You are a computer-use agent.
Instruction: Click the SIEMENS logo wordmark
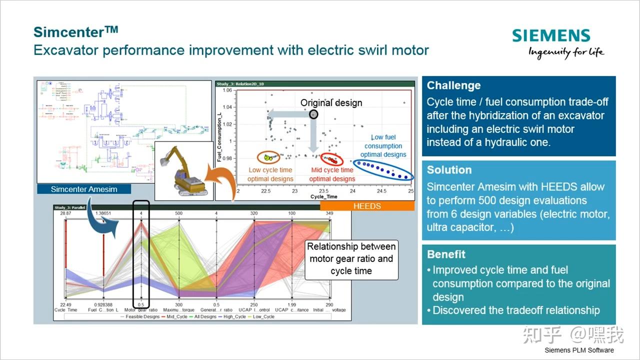(x=551, y=36)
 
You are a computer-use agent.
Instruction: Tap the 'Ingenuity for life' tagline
(x=566, y=52)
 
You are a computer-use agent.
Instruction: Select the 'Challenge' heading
(x=453, y=85)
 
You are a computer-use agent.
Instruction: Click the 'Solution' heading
(x=449, y=170)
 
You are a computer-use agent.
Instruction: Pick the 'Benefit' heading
(x=446, y=254)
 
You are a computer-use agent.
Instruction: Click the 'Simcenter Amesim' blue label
(x=84, y=189)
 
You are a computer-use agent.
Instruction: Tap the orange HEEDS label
(x=367, y=206)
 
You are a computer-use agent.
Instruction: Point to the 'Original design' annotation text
(x=331, y=103)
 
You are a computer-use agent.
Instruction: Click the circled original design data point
(x=313, y=114)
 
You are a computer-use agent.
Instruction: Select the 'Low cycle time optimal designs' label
(x=270, y=174)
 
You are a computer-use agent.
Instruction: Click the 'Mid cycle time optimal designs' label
(x=332, y=174)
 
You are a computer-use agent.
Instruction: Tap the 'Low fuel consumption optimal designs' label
(x=383, y=146)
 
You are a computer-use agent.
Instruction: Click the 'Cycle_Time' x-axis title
(x=323, y=197)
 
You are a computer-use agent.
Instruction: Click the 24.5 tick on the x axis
(x=382, y=191)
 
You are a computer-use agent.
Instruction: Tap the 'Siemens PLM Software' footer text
(x=579, y=350)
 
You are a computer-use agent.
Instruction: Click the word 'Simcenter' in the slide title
(x=69, y=32)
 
